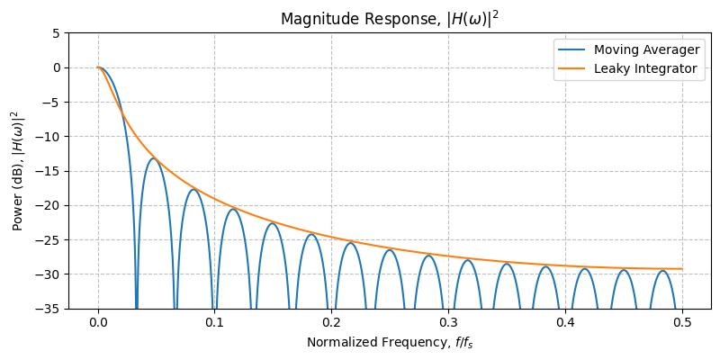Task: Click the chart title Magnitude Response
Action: pos(389,19)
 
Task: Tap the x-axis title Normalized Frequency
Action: pos(389,342)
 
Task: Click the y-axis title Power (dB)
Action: pos(17,171)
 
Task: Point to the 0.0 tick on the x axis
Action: pos(98,321)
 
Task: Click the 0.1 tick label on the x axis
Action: pos(215,321)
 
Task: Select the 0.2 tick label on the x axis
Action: pos(331,321)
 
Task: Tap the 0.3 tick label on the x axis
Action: pos(448,321)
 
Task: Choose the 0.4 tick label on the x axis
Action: pos(565,321)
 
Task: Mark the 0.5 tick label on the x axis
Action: pos(682,321)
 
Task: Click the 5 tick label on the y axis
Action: pos(56,32)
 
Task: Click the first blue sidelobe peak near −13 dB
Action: pos(154,158)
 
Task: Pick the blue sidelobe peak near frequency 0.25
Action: pos(390,250)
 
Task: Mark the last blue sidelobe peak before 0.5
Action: pos(662,270)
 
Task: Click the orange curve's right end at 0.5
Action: pos(682,269)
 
